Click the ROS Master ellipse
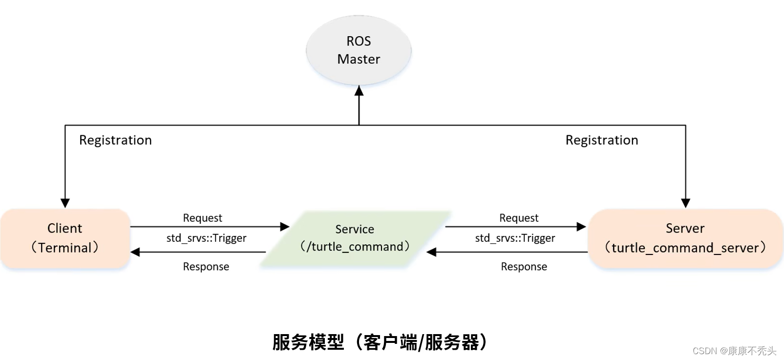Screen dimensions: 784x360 (x=359, y=50)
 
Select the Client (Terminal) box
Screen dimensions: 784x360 (x=65, y=238)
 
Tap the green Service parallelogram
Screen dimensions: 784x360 (x=355, y=238)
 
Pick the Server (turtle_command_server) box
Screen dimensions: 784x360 (x=685, y=238)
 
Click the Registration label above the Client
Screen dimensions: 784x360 (x=115, y=140)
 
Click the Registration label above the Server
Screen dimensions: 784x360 (x=602, y=140)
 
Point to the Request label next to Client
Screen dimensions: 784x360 (x=202, y=218)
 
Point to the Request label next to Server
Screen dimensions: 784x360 (x=519, y=218)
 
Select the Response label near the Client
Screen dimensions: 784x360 (x=206, y=267)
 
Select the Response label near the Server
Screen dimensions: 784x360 (x=524, y=267)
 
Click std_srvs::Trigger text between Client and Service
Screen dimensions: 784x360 (x=207, y=238)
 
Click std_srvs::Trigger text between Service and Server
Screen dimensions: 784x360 (x=515, y=238)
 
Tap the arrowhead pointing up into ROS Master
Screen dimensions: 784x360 (x=359, y=91)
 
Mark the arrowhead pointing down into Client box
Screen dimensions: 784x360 (x=65, y=203)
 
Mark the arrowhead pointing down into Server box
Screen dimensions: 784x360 (x=686, y=203)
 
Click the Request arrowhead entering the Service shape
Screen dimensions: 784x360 (x=285, y=227)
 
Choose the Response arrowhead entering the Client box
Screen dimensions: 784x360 (x=135, y=252)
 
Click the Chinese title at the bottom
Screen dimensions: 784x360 (x=380, y=342)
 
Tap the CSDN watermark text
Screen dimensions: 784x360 (x=734, y=351)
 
